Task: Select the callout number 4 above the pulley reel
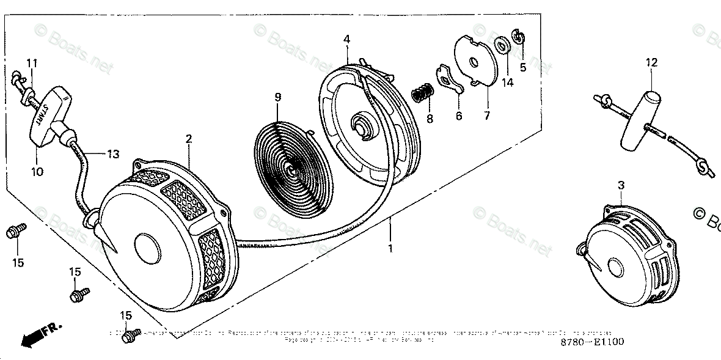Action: point(346,40)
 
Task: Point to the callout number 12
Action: point(651,62)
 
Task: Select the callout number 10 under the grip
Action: point(37,172)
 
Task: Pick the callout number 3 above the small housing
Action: point(620,184)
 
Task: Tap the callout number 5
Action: point(523,67)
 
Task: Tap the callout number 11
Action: point(32,63)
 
